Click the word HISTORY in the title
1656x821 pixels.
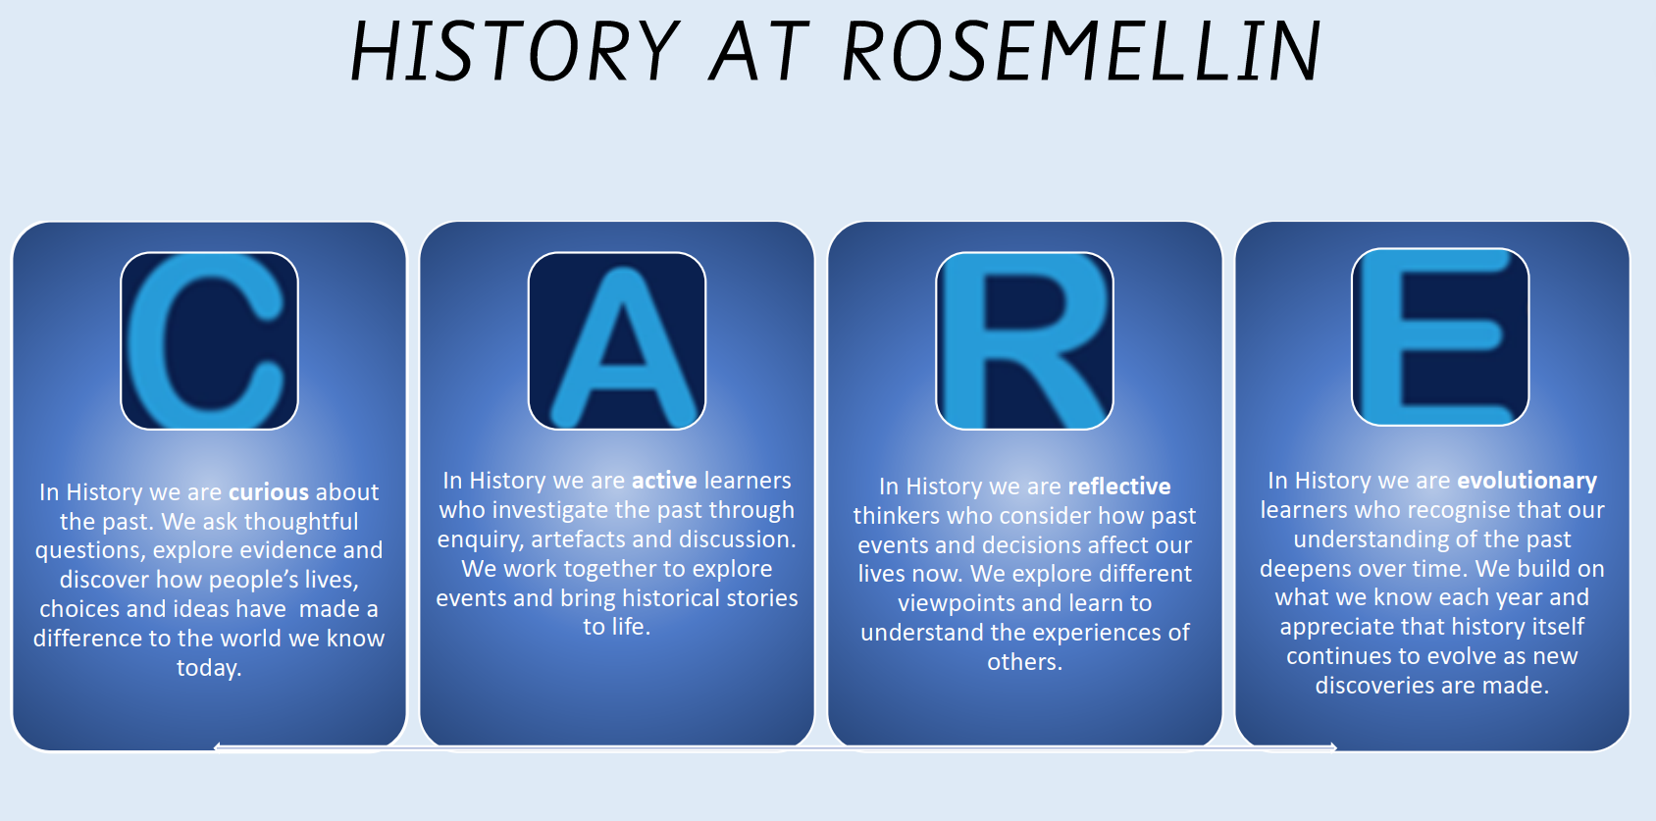point(514,51)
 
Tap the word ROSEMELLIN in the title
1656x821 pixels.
point(1081,51)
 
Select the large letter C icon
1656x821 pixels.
point(209,340)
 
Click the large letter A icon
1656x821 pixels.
point(617,340)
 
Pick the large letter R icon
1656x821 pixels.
point(1024,340)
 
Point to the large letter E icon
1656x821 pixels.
point(1440,337)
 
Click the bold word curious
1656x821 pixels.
point(269,492)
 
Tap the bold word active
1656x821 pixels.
point(664,481)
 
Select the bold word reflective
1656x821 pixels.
point(1119,487)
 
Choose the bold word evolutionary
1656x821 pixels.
point(1527,481)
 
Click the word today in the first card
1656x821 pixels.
point(206,668)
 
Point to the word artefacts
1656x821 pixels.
point(578,539)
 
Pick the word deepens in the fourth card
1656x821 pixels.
point(1307,569)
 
